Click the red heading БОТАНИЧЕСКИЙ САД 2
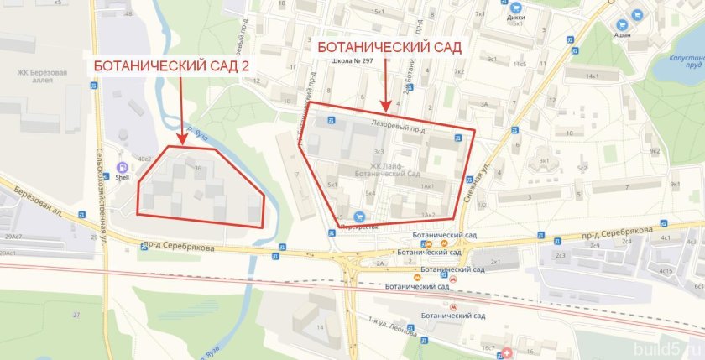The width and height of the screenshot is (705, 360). point(171,65)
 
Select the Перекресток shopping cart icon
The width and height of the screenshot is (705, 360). point(359,216)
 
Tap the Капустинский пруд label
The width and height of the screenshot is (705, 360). point(679,59)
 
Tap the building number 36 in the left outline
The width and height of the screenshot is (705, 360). point(198,170)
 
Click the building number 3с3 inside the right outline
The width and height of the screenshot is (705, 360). point(379,152)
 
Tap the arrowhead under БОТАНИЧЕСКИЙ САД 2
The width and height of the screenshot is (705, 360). point(181,140)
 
